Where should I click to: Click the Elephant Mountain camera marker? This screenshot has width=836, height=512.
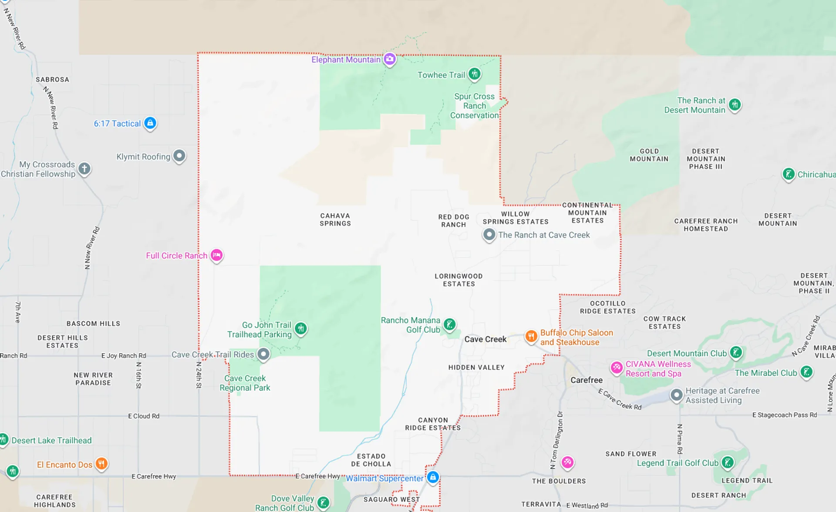390,59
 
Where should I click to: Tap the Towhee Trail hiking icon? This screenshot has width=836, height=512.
475,74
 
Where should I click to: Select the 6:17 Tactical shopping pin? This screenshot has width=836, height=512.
150,123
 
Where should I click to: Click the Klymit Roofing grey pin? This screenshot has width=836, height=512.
179,156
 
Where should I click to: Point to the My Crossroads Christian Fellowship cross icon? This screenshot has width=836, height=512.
84,168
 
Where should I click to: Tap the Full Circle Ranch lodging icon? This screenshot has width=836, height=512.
216,255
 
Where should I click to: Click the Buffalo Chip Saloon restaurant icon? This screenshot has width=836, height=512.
531,336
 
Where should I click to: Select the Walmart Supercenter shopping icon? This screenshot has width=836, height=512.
432,477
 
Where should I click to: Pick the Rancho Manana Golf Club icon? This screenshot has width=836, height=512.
449,324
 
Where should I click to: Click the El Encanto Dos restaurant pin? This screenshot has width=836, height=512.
101,464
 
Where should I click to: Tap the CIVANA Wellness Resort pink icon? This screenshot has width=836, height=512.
617,368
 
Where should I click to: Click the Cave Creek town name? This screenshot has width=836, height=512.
485,339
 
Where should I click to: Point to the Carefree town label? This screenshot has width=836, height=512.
587,380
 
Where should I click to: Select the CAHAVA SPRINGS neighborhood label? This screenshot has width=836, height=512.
335,220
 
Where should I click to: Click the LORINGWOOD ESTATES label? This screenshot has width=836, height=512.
459,280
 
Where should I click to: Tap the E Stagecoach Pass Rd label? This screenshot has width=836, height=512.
785,415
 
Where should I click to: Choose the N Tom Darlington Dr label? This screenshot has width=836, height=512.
557,440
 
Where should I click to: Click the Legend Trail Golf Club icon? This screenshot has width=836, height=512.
728,462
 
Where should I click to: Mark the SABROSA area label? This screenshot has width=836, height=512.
52,80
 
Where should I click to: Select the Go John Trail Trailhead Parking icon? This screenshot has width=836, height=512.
301,328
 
